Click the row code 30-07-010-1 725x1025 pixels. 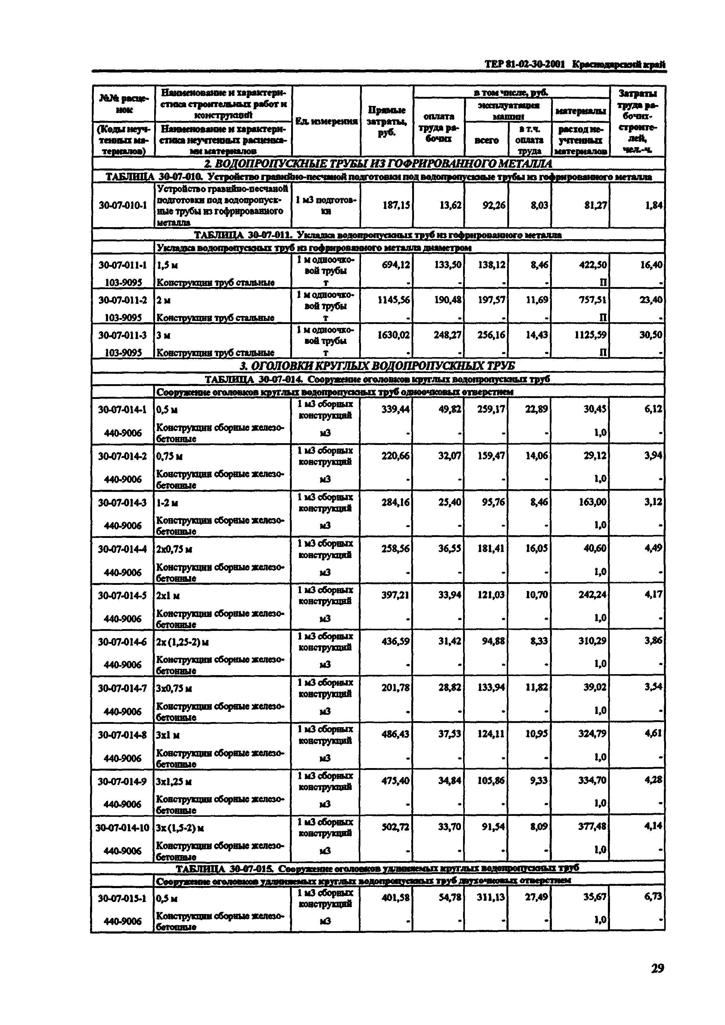123,205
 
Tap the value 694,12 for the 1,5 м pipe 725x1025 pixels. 396,265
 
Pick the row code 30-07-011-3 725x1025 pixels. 123,335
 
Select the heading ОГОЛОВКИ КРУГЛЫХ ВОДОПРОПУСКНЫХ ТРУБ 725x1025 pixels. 378,366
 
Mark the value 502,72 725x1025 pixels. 395,827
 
